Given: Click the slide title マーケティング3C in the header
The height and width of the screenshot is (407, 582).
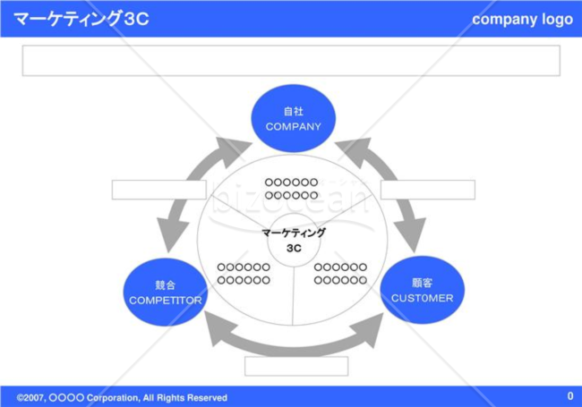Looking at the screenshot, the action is (x=81, y=19).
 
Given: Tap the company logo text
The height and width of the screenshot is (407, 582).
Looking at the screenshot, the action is (x=522, y=20).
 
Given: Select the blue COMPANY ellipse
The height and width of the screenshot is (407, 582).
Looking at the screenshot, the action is (x=293, y=119).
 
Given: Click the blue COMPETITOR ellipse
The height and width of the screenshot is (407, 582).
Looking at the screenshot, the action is (x=165, y=293).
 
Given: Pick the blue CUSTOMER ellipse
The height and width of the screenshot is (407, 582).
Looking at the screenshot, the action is (x=423, y=290).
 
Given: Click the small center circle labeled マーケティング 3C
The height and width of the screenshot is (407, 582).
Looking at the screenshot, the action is (x=294, y=240).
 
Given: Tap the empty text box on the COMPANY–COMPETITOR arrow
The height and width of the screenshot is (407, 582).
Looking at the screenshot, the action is (x=159, y=190).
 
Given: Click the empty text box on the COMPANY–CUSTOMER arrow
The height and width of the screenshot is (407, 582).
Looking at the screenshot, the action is (x=428, y=190).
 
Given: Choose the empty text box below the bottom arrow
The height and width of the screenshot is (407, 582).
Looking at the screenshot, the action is (x=296, y=366).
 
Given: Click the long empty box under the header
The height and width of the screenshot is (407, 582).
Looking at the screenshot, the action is (x=291, y=61).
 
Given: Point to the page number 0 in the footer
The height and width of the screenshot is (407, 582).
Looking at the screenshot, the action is (x=570, y=396).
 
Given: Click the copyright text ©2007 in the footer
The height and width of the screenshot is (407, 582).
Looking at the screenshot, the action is (x=30, y=398).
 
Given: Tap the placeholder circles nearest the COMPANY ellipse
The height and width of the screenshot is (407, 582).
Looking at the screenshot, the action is (x=291, y=189).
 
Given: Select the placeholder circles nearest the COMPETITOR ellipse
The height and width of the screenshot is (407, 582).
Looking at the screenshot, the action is (x=244, y=274).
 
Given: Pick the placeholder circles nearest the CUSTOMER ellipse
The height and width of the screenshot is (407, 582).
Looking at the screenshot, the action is (x=340, y=274).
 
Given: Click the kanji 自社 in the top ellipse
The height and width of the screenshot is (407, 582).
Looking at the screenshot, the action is (x=293, y=111).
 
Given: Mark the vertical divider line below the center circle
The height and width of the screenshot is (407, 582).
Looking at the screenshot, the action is (x=294, y=296).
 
